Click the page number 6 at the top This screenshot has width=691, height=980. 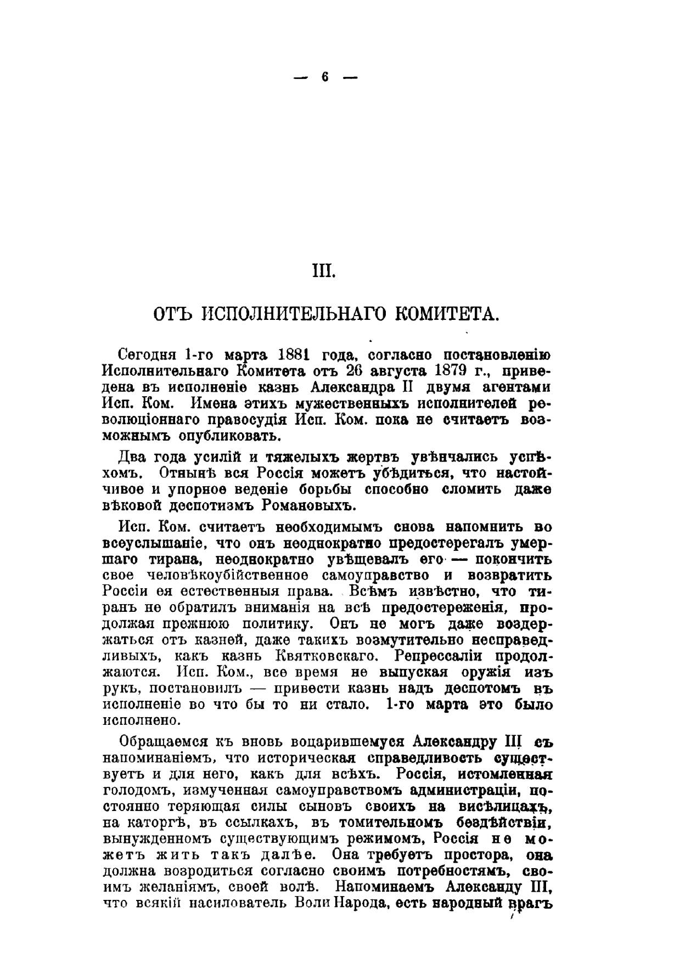click(x=325, y=77)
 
